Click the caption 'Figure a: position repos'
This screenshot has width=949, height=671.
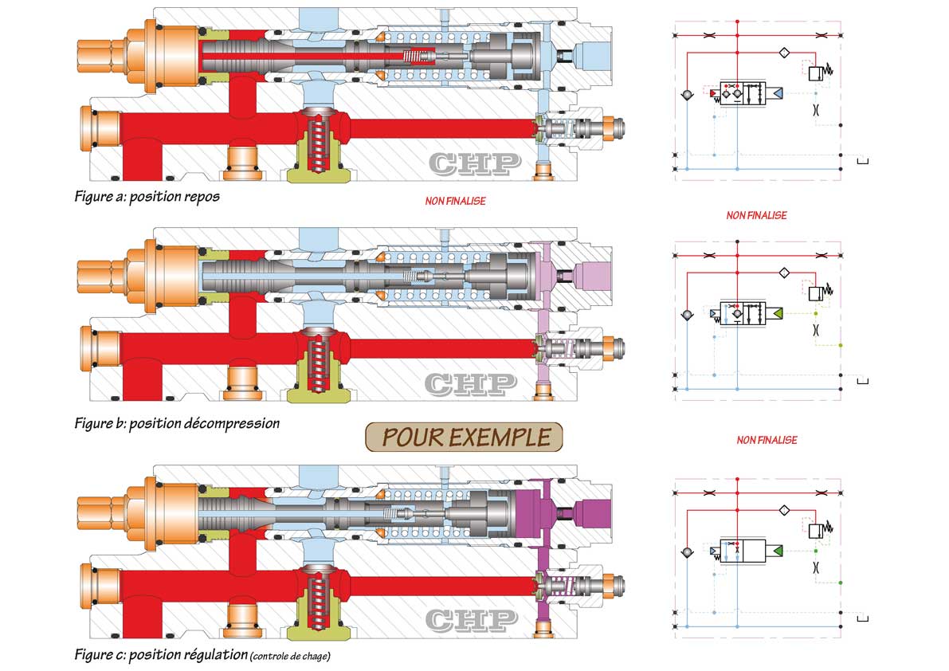tap(147, 197)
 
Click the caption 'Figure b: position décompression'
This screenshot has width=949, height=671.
tap(177, 423)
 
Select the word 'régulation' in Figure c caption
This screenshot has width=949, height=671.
tap(218, 655)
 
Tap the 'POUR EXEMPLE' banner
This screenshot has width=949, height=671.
tap(465, 437)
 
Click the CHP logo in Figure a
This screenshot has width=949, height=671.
tap(475, 163)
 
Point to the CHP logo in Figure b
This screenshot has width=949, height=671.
tap(471, 383)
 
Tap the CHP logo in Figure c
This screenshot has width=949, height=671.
tap(471, 619)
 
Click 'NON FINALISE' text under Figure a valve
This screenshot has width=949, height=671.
tap(455, 201)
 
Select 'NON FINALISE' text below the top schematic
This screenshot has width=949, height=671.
tap(756, 215)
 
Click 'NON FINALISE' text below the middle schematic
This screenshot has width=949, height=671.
tap(767, 440)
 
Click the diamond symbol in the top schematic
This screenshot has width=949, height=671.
tap(784, 53)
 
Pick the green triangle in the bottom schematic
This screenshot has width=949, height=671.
tap(777, 551)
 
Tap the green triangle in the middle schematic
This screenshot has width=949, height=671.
tap(777, 313)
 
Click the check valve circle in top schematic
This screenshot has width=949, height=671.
tap(687, 95)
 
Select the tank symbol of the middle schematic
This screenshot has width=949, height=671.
tap(863, 381)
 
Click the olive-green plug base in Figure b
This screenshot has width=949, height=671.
tap(318, 394)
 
